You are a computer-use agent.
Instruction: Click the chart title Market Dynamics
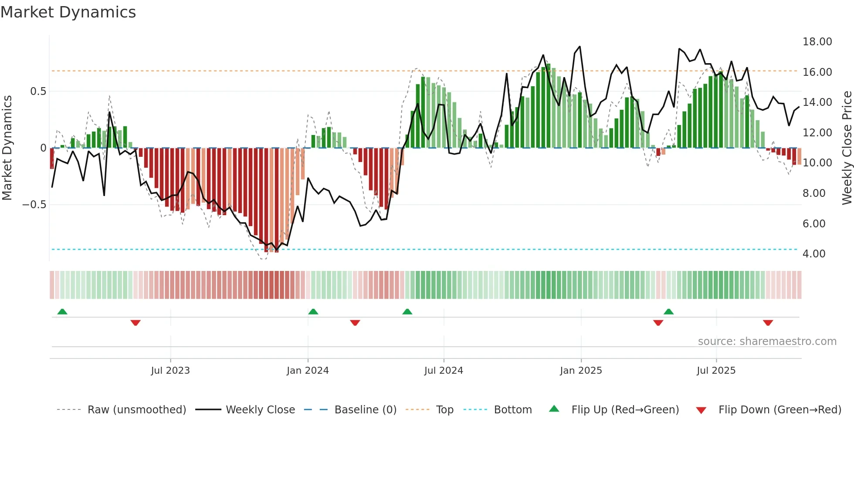(68, 12)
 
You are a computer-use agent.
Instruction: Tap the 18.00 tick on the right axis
(817, 42)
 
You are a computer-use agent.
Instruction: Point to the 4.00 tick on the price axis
(813, 254)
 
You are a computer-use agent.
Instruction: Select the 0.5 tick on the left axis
(38, 91)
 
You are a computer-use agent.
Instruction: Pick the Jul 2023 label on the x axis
(170, 371)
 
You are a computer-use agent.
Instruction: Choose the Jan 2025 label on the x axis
(581, 371)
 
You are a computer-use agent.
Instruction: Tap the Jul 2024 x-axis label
(444, 371)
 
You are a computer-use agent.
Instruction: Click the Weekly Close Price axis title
(847, 148)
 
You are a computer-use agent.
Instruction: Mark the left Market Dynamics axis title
(7, 148)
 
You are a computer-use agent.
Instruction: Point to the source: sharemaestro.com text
(767, 341)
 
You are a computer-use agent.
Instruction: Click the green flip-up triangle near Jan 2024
(313, 312)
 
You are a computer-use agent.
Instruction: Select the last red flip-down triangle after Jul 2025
(768, 323)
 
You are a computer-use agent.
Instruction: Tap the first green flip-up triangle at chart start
(62, 312)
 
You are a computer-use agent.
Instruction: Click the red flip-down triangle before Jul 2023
(136, 323)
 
